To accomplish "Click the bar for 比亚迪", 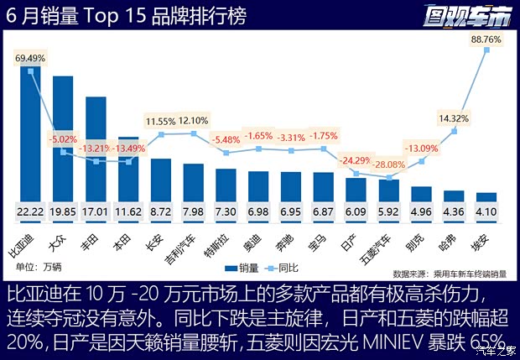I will pyautogui.click(x=30, y=134).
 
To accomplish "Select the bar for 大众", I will pyautogui.click(x=63, y=138).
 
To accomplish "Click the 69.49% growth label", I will pyautogui.click(x=31, y=59).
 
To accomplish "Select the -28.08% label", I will pyautogui.click(x=389, y=164).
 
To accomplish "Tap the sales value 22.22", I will pyautogui.click(x=30, y=213).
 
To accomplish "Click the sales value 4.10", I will pyautogui.click(x=486, y=213).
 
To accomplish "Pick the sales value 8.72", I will pyautogui.click(x=161, y=213).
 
